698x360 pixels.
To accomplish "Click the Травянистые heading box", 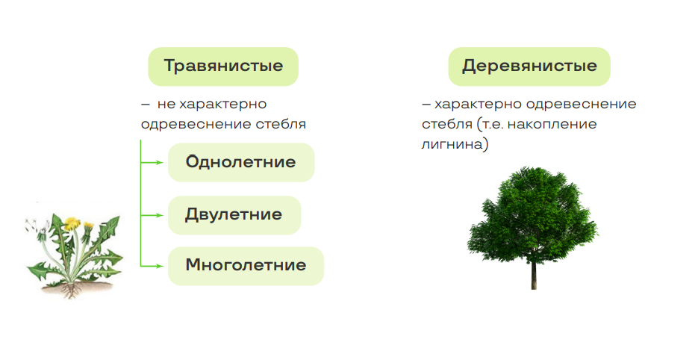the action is pos(223,66).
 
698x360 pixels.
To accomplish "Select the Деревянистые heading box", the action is pos(529,66).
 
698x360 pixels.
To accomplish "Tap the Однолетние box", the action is pos(241,162).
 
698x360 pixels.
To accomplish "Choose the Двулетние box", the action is pos(234,215).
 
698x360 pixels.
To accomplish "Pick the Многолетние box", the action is pos(246,266).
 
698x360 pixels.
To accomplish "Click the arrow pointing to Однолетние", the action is pos(152,163).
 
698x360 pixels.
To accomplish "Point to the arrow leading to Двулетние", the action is pos(152,215).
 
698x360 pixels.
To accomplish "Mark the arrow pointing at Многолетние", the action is pos(152,266).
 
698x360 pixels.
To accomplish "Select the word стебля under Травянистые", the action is pos(281,124).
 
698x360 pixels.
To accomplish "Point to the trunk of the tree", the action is pos(534,275).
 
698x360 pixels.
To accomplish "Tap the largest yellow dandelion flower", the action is pos(72,223).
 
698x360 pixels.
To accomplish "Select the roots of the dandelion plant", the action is pos(71,290).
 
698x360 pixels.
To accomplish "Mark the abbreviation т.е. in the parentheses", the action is pos(492,124).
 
